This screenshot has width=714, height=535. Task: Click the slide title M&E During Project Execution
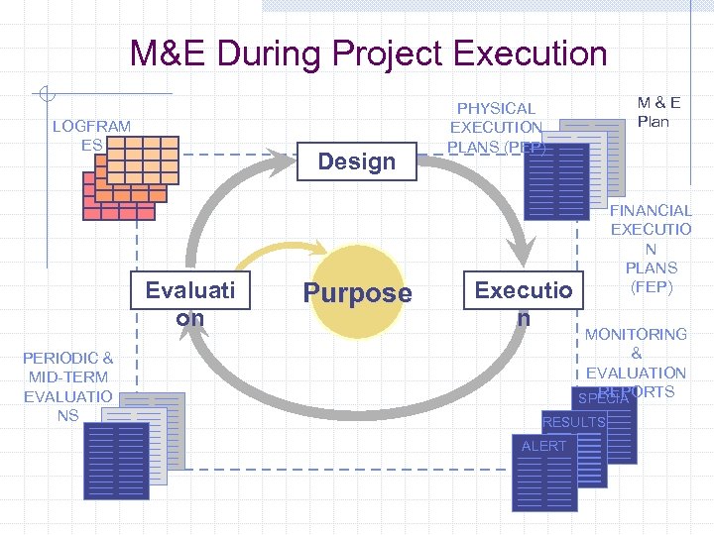tap(368, 53)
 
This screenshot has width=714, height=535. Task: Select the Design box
tap(357, 160)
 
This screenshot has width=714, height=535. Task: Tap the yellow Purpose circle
tap(356, 292)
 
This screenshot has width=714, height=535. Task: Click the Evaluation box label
tap(189, 302)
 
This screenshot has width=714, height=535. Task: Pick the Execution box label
tap(523, 302)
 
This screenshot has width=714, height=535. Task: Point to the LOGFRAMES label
tap(90, 136)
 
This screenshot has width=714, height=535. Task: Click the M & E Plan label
tap(653, 112)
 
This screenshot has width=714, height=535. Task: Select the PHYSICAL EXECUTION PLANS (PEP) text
tap(496, 128)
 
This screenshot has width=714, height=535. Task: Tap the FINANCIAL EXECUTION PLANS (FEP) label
tap(651, 249)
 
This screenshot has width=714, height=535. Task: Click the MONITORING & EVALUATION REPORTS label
tap(636, 362)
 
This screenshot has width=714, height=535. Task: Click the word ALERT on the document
tap(543, 446)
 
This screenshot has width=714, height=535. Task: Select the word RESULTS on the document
tap(574, 423)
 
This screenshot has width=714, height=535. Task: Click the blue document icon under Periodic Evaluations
tap(116, 461)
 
